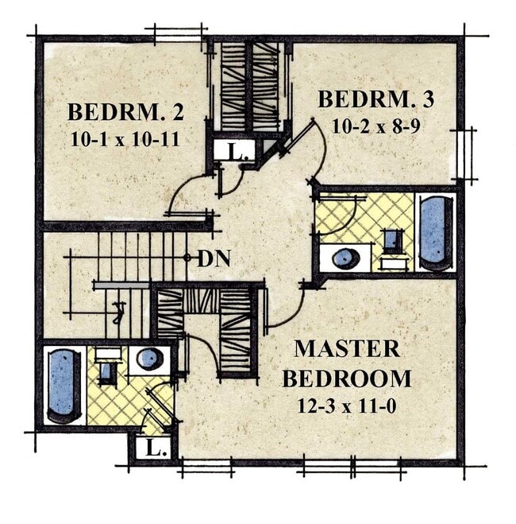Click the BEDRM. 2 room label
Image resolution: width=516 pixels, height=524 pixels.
pyautogui.click(x=125, y=112)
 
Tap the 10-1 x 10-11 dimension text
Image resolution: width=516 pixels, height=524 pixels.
pyautogui.click(x=125, y=139)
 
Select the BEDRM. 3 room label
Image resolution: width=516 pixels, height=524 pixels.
pyautogui.click(x=376, y=99)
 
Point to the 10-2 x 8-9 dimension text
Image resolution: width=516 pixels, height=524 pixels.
pyautogui.click(x=375, y=126)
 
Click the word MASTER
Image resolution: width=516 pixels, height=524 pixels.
pyautogui.click(x=347, y=348)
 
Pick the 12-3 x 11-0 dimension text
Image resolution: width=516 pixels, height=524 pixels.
pyautogui.click(x=347, y=406)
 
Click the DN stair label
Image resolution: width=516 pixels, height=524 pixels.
pyautogui.click(x=214, y=258)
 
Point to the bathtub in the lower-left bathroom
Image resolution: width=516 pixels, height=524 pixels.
pyautogui.click(x=64, y=386)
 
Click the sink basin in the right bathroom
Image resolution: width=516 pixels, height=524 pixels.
pyautogui.click(x=346, y=258)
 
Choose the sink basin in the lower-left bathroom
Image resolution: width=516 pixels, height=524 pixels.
pyautogui.click(x=149, y=359)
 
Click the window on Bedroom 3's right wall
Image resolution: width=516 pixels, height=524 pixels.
pyautogui.click(x=464, y=154)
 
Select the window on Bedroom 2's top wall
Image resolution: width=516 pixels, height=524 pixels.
pyautogui.click(x=178, y=35)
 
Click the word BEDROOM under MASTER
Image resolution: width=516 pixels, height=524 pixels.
pyautogui.click(x=347, y=378)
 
